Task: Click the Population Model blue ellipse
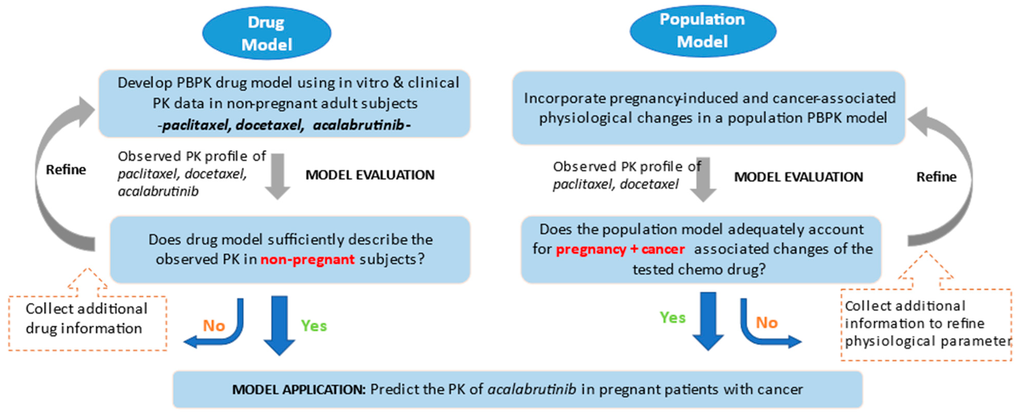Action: pyautogui.click(x=702, y=31)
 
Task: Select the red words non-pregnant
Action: pyautogui.click(x=307, y=260)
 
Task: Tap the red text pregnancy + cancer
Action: pyautogui.click(x=620, y=249)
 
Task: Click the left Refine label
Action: pyautogui.click(x=66, y=170)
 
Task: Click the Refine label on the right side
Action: pyautogui.click(x=936, y=177)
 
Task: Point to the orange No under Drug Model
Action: pyautogui.click(x=214, y=326)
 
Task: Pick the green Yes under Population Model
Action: pyautogui.click(x=672, y=318)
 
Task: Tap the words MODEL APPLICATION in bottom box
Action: pyautogui.click(x=299, y=389)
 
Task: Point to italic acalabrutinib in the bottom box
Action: pyautogui.click(x=532, y=389)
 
